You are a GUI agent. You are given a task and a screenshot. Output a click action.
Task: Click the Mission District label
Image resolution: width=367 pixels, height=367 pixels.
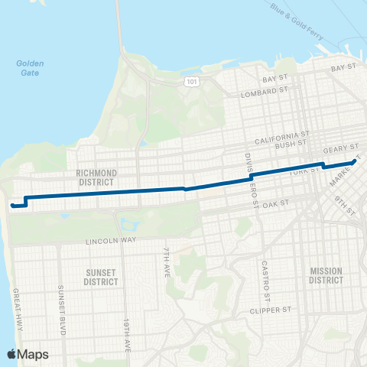326,275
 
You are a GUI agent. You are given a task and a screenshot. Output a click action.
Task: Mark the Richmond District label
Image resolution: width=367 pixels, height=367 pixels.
96,178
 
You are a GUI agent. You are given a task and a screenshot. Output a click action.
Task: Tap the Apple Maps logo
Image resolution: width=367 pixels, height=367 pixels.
28,354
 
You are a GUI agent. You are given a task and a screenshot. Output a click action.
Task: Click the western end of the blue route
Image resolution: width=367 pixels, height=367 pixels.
11,205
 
